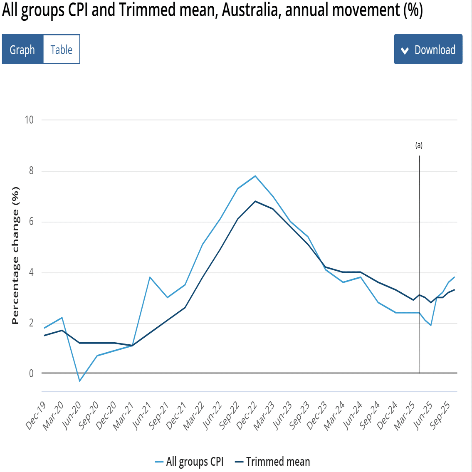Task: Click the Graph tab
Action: click(22, 49)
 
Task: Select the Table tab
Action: click(61, 49)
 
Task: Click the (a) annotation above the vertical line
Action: click(419, 145)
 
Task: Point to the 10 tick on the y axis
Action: click(29, 120)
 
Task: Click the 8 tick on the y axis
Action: click(31, 171)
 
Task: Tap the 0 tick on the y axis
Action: click(31, 373)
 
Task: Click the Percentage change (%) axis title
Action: click(15, 256)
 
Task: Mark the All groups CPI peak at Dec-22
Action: click(255, 176)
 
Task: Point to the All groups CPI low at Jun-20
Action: click(79, 381)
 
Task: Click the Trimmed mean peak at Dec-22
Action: click(255, 201)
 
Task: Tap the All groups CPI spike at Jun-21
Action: click(150, 277)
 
